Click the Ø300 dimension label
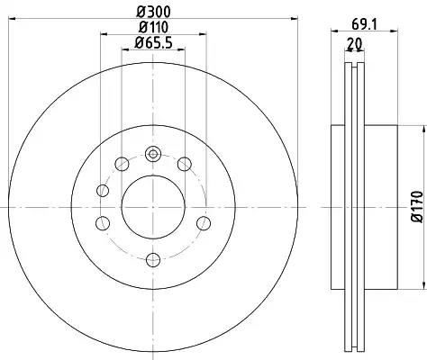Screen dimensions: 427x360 pos(153,12)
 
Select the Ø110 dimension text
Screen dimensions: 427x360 pos(153,28)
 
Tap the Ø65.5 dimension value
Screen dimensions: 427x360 pos(153,43)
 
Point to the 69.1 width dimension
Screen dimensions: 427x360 pos(364,24)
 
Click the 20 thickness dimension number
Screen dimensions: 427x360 pos(355,43)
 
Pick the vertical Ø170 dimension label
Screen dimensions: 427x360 pos(417,206)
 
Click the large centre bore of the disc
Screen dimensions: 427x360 pos(153,207)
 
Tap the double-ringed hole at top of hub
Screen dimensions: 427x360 pos(153,154)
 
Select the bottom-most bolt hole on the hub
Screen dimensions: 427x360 pos(153,260)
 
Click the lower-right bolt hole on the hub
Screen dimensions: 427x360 pos(204,223)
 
